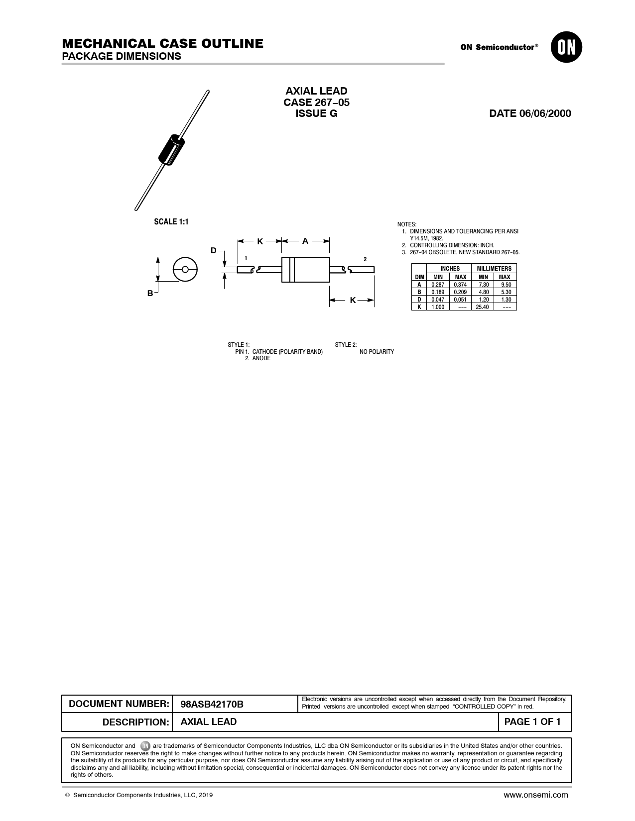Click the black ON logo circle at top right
coord(566,47)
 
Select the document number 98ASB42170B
coord(212,704)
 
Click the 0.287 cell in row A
coord(438,285)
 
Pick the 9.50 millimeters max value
coord(506,285)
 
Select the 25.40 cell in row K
coord(482,307)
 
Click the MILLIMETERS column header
coord(494,269)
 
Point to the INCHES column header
coord(450,269)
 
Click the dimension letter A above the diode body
coord(305,241)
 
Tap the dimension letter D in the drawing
coord(214,250)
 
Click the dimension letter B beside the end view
coord(150,294)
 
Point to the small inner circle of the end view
coord(185,270)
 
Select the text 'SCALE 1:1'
coord(171,222)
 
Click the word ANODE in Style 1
coord(261,358)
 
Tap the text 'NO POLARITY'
coord(377,352)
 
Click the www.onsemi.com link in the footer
coord(535,795)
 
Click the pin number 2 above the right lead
coord(365,259)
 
